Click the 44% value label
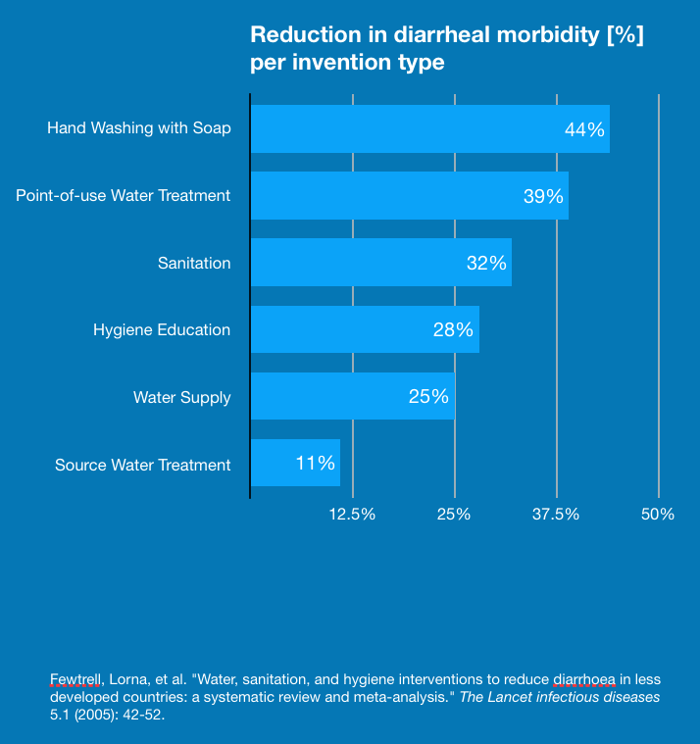584,129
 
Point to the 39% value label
543,196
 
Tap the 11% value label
316,464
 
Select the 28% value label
453,329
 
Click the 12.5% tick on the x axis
352,515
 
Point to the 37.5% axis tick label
556,515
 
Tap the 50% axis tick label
658,515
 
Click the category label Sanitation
194,263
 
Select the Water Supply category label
182,397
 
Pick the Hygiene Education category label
162,330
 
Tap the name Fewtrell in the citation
75,678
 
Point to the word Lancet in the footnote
544,697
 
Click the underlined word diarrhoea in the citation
584,678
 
